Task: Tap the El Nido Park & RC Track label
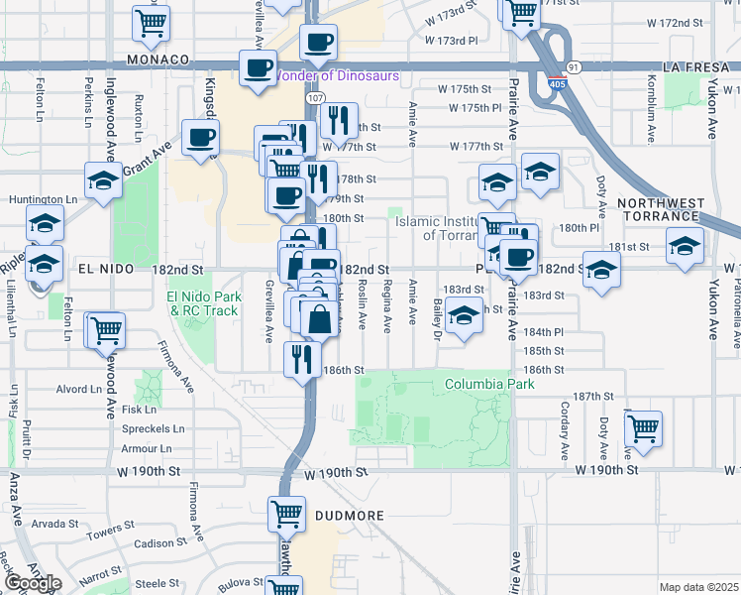[203, 303]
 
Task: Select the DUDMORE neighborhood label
[343, 516]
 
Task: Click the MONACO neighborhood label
[158, 59]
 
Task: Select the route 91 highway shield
[574, 66]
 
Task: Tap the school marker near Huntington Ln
[103, 180]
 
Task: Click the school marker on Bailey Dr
[461, 317]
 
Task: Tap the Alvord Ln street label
[74, 390]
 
